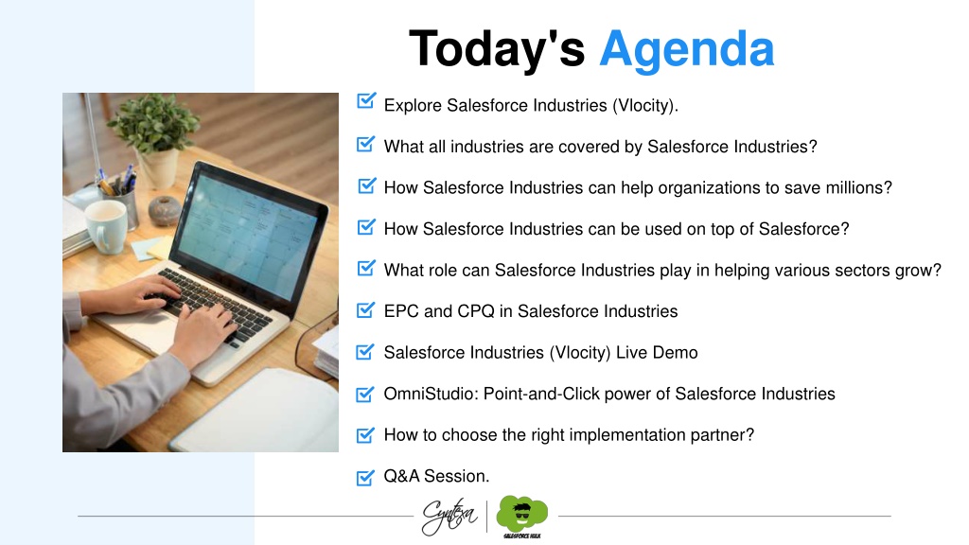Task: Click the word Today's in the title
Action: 497,48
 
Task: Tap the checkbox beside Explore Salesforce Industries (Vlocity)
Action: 366,100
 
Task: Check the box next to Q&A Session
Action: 365,477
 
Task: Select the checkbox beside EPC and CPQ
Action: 366,309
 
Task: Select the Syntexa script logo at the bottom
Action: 449,516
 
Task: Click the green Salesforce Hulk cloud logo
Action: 522,517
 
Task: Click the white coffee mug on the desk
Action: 106,226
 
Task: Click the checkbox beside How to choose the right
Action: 365,435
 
